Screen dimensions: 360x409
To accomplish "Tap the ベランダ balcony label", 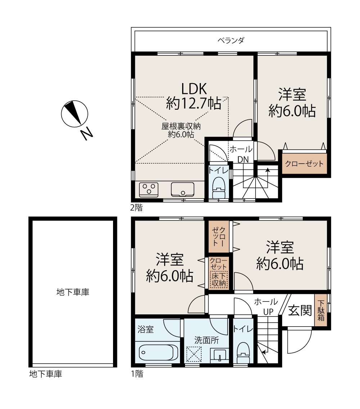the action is pos(231,40).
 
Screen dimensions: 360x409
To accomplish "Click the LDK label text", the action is pos(194,89).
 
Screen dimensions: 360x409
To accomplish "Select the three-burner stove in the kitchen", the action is pos(149,189).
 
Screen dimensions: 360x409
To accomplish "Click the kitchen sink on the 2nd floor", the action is pos(183,189).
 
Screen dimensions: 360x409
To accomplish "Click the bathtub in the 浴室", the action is pos(158,353).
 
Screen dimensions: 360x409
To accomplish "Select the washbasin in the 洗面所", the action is pos(220,355).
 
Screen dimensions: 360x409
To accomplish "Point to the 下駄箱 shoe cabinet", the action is pos(321,310).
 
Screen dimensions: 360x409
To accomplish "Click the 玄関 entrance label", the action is pos(300,310).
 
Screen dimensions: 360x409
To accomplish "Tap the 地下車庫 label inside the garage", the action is pos(73,292).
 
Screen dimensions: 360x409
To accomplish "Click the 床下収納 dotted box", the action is pos(219,280).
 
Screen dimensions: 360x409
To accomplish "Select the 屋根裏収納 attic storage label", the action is pos(181,126).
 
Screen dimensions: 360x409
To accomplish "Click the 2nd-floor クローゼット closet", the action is pos(304,164).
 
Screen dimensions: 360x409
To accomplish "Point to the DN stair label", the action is pos(243,159).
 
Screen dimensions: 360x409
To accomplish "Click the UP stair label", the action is pos(268,312).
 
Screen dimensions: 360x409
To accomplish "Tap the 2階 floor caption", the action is pos(136,208).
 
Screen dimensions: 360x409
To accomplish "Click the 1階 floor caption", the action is pos(137,374).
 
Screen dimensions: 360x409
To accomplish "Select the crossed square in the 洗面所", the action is pos(194,354).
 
